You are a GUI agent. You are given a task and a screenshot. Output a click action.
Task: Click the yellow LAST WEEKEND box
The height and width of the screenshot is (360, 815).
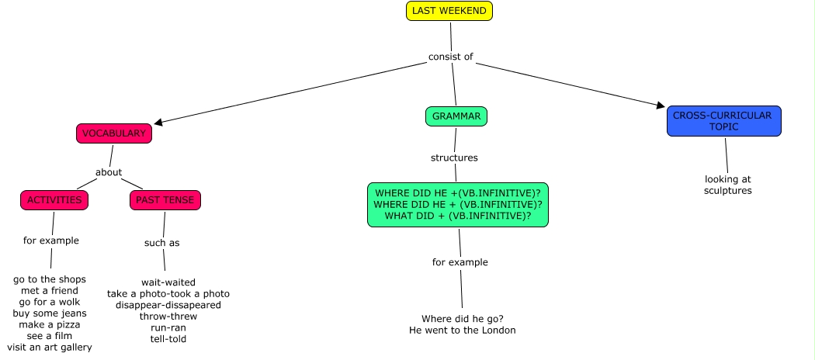click(x=449, y=11)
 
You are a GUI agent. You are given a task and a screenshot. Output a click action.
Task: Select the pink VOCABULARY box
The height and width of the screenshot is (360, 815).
click(x=113, y=133)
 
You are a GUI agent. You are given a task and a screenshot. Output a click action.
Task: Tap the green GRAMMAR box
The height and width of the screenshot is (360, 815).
click(x=456, y=116)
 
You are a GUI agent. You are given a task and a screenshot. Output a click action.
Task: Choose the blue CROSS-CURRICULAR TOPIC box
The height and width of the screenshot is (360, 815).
click(x=723, y=121)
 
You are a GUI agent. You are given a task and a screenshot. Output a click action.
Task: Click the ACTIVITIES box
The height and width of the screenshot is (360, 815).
click(x=54, y=200)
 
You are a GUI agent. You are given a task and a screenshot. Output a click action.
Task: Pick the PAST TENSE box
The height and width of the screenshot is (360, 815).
click(x=165, y=200)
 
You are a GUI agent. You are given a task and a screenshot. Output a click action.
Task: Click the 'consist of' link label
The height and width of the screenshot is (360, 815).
click(x=451, y=57)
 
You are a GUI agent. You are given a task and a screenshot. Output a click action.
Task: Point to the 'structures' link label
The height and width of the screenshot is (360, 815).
click(x=454, y=157)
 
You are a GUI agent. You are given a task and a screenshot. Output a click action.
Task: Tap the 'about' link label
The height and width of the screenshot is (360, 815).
click(x=109, y=172)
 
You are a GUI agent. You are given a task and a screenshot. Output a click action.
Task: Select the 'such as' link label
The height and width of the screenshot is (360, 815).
click(x=161, y=243)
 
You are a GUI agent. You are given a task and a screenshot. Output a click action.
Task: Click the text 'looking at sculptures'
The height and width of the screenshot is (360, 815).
click(x=728, y=185)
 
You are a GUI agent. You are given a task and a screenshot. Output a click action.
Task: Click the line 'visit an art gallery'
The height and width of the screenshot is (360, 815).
click(x=50, y=347)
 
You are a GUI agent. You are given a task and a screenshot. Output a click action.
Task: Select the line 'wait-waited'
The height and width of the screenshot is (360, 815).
click(x=168, y=282)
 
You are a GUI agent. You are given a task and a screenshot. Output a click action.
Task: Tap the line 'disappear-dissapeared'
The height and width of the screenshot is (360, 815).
click(x=168, y=305)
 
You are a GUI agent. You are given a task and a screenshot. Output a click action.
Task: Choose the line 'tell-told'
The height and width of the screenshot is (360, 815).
click(x=168, y=338)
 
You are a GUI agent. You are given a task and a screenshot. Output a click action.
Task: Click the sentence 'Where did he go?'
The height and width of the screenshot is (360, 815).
click(x=463, y=319)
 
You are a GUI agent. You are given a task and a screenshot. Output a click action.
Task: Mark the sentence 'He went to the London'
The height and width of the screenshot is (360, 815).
click(x=463, y=330)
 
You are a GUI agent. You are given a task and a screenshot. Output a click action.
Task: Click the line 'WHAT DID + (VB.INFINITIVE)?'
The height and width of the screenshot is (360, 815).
click(x=458, y=215)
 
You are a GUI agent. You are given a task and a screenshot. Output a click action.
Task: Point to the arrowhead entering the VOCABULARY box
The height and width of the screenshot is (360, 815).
click(x=159, y=122)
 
